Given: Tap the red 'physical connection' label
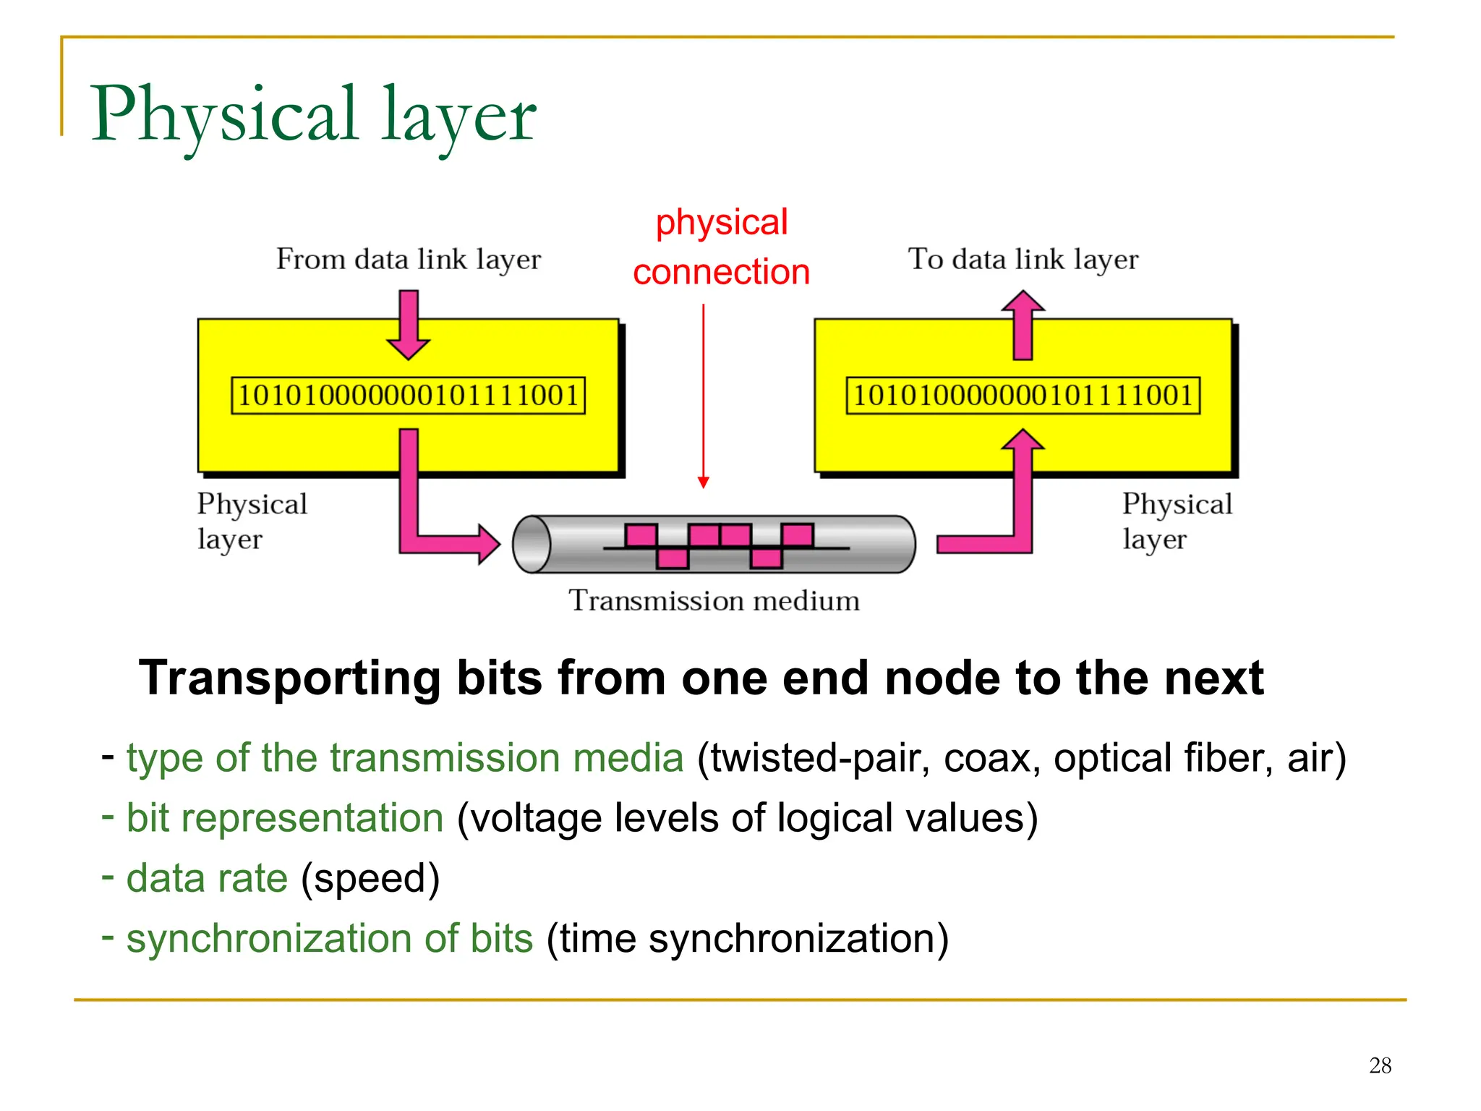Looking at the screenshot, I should [x=721, y=247].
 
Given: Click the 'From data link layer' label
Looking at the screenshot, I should [x=408, y=259].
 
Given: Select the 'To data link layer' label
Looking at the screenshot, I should [x=1023, y=259].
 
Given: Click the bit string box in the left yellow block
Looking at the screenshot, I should [x=408, y=395].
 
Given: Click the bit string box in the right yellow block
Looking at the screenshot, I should [x=1023, y=395].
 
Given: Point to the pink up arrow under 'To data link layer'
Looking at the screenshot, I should [x=1023, y=325].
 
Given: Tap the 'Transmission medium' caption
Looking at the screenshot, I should [x=714, y=600].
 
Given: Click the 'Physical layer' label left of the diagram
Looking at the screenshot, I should [x=252, y=521].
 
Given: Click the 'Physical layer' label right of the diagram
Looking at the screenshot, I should [x=1177, y=521].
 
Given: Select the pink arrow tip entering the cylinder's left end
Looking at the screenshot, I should [x=487, y=543].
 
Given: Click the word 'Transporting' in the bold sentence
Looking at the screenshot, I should [x=289, y=678].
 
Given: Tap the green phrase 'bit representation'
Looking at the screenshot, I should [x=284, y=818].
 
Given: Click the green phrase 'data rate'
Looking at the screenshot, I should [x=207, y=878].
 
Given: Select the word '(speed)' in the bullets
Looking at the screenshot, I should [x=370, y=879].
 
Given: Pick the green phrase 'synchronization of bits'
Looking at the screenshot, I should [x=330, y=939].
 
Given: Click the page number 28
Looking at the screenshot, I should [x=1380, y=1065].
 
